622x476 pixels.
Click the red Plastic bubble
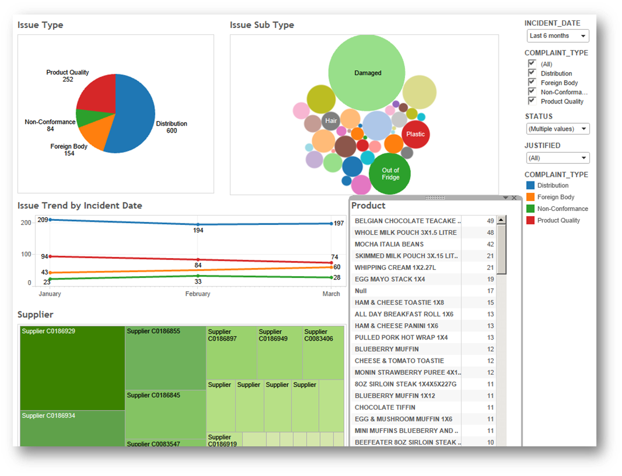(x=415, y=134)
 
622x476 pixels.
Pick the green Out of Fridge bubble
(x=390, y=174)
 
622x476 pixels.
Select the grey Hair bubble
(x=331, y=121)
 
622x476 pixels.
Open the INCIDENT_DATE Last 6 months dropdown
(x=557, y=36)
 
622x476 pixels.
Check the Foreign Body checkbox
(x=532, y=83)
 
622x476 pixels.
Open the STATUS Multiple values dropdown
(x=557, y=129)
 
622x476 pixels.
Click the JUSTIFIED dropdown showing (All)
(x=557, y=158)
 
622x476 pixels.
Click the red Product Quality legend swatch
(x=530, y=220)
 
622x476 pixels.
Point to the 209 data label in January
(x=42, y=220)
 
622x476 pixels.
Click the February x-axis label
(x=198, y=294)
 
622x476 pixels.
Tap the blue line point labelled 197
(x=331, y=224)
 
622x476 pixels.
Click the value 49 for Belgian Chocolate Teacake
(x=490, y=221)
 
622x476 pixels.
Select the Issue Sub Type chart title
(x=262, y=25)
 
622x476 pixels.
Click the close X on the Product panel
(x=514, y=198)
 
